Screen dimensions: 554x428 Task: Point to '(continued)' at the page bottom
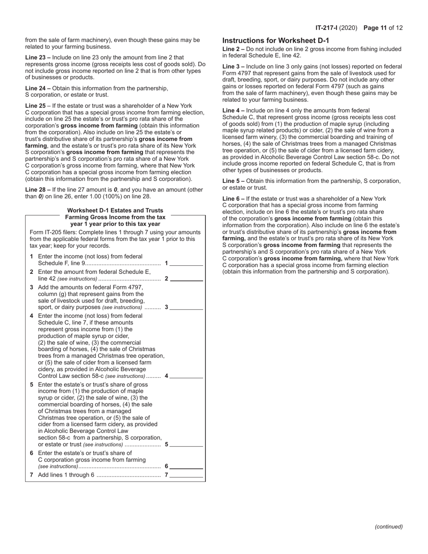388,527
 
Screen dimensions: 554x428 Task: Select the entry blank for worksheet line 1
187,264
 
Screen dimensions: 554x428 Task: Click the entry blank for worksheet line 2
187,279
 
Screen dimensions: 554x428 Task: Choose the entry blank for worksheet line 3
187,308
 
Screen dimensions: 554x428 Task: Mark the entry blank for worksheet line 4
187,377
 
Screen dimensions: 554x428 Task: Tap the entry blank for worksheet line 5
187,445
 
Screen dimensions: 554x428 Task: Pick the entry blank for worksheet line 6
187,467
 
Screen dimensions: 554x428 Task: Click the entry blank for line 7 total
187,476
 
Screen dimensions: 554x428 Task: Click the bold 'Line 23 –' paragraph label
38,58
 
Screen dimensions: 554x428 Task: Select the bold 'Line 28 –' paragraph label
38,190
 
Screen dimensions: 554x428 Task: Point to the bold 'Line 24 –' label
38,88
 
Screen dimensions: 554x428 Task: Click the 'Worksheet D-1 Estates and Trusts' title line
115,210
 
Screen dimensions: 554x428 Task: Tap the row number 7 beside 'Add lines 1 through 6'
32,475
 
